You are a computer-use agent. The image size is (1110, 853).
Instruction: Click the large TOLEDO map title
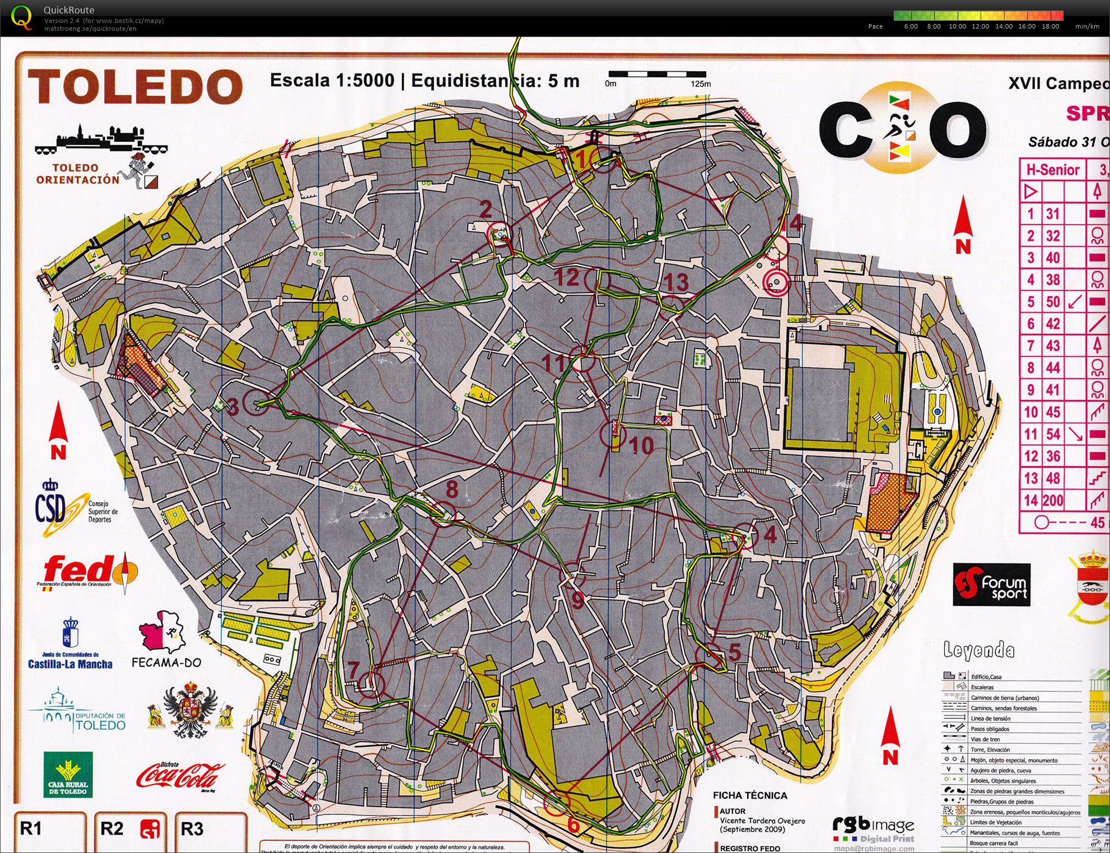(135, 86)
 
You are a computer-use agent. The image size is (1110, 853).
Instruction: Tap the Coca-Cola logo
(180, 775)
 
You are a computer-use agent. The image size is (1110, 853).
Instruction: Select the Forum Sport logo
(991, 585)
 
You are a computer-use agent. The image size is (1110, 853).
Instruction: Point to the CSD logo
(62, 507)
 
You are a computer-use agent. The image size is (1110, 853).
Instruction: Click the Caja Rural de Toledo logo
(68, 775)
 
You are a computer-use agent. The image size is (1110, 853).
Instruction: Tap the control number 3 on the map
(233, 406)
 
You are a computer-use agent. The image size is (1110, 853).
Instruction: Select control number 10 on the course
(642, 446)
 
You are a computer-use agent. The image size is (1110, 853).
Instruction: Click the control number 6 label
(573, 824)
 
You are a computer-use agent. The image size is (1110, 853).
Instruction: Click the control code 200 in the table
(1053, 500)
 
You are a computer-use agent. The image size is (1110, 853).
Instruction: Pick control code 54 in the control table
(1053, 434)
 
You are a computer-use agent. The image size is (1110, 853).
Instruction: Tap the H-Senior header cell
(1053, 170)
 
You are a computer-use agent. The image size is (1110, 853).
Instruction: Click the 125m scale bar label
(700, 84)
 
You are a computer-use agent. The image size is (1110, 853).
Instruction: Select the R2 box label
(111, 828)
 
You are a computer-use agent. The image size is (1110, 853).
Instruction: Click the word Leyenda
(978, 650)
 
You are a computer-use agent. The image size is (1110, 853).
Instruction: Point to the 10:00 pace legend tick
(957, 26)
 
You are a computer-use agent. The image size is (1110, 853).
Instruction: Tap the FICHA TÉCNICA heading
(750, 795)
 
